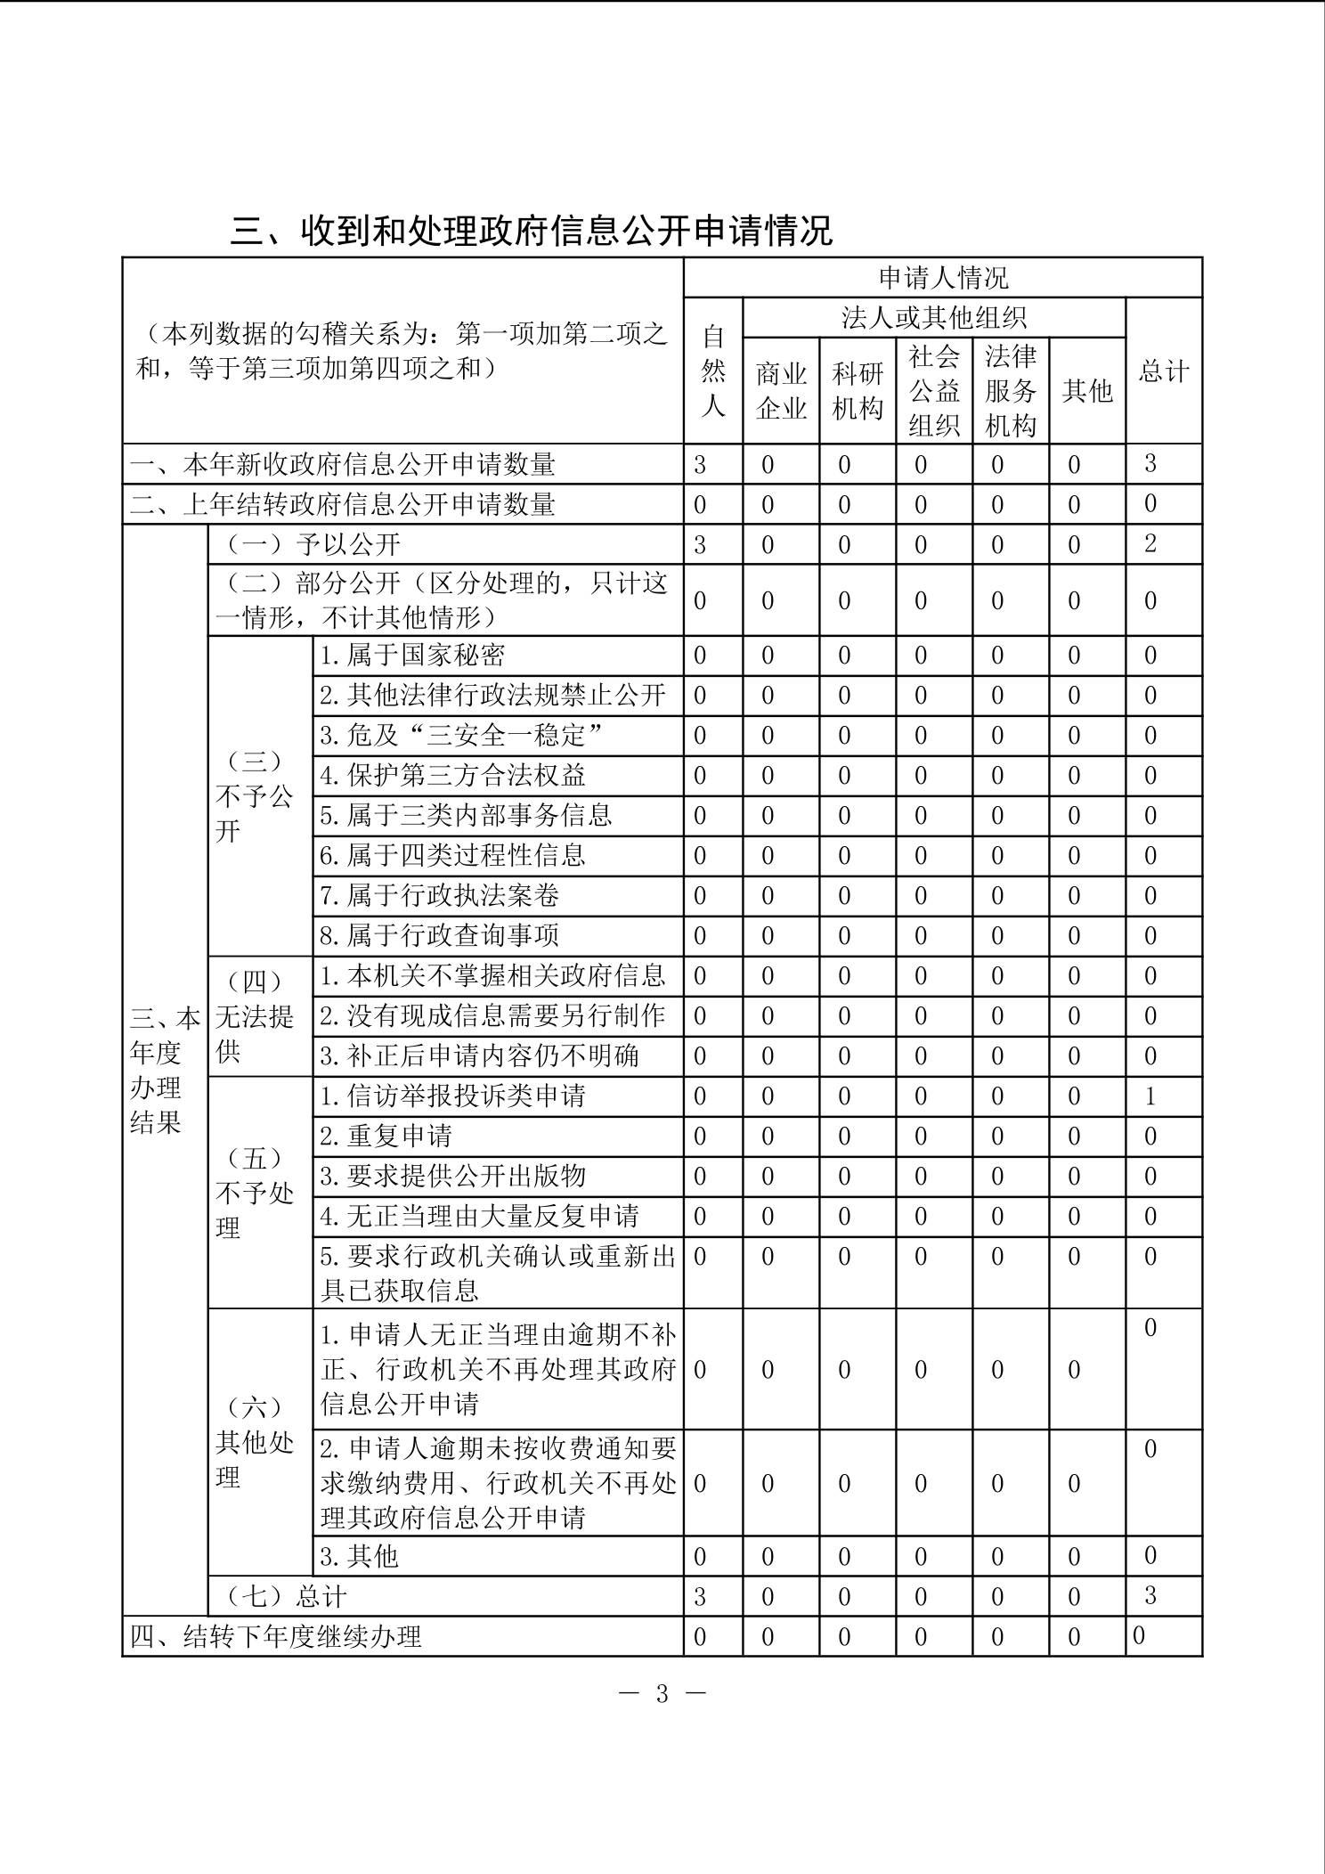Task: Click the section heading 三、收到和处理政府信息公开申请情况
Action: click(532, 231)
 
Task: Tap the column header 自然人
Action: click(713, 371)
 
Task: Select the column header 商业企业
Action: click(781, 391)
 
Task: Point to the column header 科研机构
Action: click(858, 391)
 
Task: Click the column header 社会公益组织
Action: click(934, 391)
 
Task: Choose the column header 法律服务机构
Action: click(1011, 391)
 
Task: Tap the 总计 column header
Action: click(1164, 371)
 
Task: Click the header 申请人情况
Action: click(943, 278)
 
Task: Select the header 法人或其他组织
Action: click(934, 318)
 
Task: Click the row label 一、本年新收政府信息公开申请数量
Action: click(343, 465)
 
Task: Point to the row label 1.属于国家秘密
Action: click(412, 656)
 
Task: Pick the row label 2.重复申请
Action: click(386, 1137)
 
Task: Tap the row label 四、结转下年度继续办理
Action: click(276, 1637)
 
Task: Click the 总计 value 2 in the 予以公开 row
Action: click(1150, 544)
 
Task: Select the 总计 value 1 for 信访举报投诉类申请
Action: click(1150, 1096)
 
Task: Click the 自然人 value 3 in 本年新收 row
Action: click(700, 465)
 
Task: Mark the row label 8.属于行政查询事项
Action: click(439, 936)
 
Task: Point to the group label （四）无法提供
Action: click(255, 1016)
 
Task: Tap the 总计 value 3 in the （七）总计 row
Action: click(1150, 1595)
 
